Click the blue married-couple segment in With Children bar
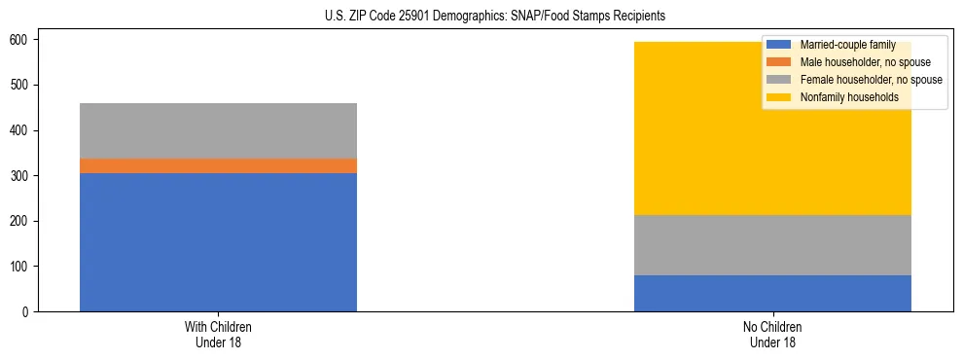218,242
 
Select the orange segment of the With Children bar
218,166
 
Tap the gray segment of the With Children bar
218,130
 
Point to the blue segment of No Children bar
772,293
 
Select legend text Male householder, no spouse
865,62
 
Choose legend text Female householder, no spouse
871,80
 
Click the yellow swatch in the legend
779,97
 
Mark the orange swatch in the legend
779,62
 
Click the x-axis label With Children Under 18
218,335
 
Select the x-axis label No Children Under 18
772,335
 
